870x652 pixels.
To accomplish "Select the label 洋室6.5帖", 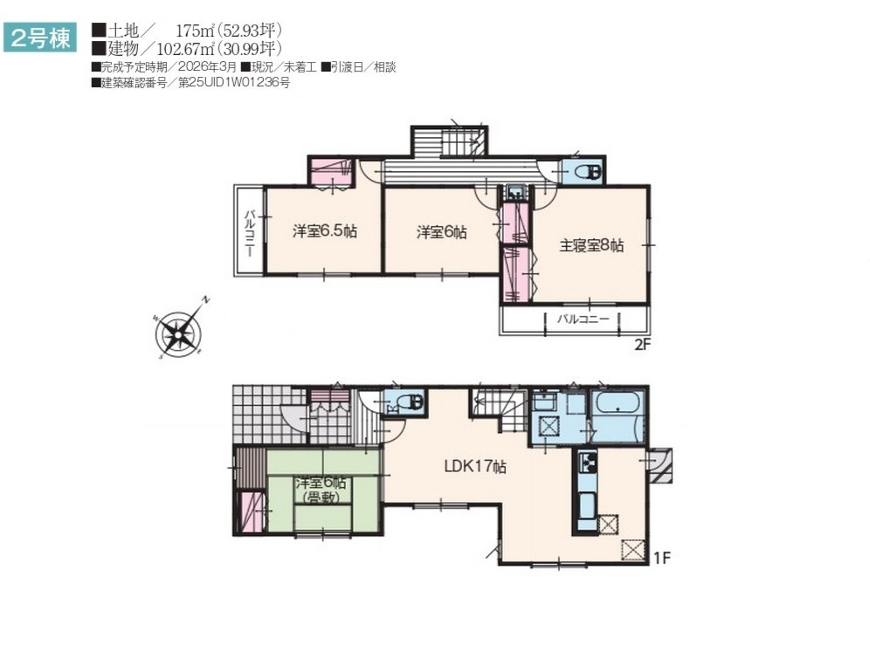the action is pyautogui.click(x=325, y=230).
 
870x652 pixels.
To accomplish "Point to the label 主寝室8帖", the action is pyautogui.click(x=591, y=245).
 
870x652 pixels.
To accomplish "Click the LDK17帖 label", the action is pyautogui.click(x=475, y=466).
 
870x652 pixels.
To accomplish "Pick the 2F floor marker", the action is pyautogui.click(x=642, y=344).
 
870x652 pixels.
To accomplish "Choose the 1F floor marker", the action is pyautogui.click(x=662, y=557).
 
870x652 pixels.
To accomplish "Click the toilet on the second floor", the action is pyautogui.click(x=588, y=173).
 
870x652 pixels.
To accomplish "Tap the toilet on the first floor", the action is pyautogui.click(x=410, y=401).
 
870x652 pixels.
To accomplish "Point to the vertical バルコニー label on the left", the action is pyautogui.click(x=250, y=232).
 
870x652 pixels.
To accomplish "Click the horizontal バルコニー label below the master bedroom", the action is pyautogui.click(x=583, y=319).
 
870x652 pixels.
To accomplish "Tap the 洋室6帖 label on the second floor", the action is pyautogui.click(x=442, y=232).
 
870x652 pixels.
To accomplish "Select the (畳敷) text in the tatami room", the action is pyautogui.click(x=321, y=498).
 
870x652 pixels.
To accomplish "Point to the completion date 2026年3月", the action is pyautogui.click(x=208, y=67).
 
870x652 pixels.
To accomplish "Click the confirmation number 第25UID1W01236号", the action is pyautogui.click(x=234, y=83).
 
